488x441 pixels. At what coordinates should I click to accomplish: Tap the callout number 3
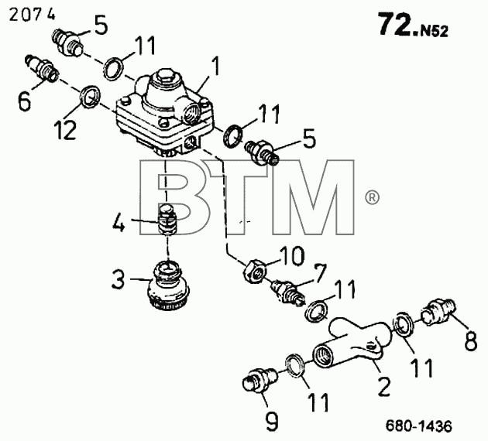[119, 279]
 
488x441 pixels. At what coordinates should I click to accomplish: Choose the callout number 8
[471, 340]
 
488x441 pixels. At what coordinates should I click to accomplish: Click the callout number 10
[291, 256]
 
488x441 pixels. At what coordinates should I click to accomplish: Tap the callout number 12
[65, 130]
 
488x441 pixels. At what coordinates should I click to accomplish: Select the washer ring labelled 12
[90, 97]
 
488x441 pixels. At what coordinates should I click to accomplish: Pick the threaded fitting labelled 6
[41, 68]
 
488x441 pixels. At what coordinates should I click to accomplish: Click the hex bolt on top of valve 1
[163, 77]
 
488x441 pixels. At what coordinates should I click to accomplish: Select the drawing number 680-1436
[419, 426]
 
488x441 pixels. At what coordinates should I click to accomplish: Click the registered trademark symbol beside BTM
[372, 197]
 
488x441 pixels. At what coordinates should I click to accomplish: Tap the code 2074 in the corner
[32, 14]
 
